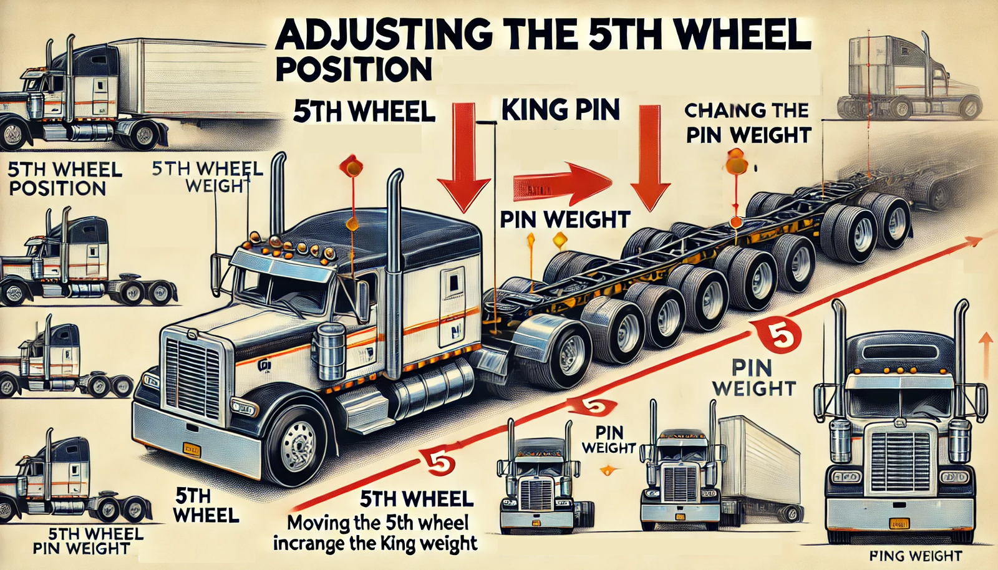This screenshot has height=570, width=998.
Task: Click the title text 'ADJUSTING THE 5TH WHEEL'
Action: tap(543, 36)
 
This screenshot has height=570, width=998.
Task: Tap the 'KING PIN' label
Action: tap(560, 110)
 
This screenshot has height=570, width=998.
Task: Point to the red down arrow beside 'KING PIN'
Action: tap(650, 156)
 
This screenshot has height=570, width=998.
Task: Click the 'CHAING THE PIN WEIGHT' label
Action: tap(747, 123)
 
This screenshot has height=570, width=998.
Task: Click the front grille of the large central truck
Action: tap(193, 377)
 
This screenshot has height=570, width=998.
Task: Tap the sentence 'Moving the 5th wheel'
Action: tap(377, 523)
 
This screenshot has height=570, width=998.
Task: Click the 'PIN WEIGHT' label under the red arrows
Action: tap(565, 220)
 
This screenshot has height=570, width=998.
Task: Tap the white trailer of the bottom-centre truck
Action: tap(761, 461)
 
